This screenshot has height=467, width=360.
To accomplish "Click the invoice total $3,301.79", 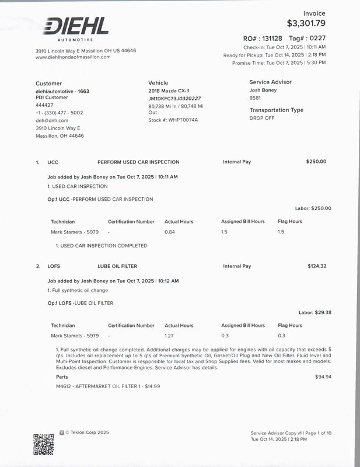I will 306,24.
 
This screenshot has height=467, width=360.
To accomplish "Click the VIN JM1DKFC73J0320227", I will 174,99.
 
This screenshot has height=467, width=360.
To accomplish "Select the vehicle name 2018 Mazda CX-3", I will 169,91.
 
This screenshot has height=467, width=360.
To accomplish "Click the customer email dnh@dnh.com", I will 52,120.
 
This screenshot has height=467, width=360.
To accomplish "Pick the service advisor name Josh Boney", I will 263,90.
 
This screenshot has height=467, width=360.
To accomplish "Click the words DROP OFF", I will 262,118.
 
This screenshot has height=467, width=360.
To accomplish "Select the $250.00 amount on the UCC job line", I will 316,162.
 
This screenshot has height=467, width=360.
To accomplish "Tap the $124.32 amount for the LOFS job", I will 317,266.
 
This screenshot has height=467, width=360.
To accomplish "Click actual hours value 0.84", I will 170,232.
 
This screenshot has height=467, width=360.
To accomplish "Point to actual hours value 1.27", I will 170,336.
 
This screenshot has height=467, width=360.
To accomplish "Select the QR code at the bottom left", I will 44,444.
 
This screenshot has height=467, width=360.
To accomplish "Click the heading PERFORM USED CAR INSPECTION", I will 138,162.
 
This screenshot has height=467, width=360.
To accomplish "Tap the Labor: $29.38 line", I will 314,312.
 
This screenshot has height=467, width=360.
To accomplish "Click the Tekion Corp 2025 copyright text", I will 87,433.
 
